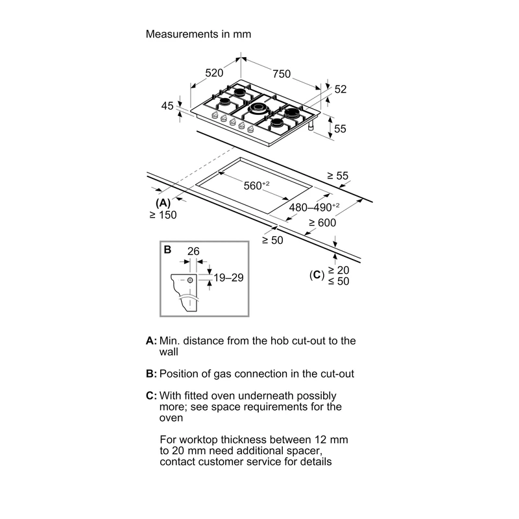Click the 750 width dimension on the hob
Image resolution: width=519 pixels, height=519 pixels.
click(282, 74)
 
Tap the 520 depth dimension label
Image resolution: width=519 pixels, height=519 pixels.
click(214, 73)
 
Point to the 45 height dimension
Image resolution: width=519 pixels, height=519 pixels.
click(167, 106)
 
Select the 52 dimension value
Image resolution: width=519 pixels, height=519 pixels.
click(340, 90)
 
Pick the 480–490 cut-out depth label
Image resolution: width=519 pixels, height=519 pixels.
click(314, 207)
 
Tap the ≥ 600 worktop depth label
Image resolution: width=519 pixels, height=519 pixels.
click(322, 223)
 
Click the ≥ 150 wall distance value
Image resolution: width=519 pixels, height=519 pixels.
click(163, 215)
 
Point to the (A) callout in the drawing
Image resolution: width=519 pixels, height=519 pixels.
click(163, 203)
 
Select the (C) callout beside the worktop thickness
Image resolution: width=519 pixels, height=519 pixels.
click(317, 274)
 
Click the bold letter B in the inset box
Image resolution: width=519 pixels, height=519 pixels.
click(167, 250)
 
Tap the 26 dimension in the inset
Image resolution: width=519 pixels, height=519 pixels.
click(193, 251)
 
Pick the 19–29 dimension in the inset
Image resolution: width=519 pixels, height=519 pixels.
click(228, 278)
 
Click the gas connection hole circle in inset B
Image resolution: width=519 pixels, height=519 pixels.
click(190, 280)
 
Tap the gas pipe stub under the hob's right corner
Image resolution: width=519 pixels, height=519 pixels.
click(311, 126)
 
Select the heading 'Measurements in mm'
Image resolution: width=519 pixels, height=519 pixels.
click(199, 34)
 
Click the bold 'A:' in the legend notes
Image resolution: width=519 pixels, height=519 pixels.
click(151, 341)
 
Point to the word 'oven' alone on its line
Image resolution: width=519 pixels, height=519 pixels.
click(171, 418)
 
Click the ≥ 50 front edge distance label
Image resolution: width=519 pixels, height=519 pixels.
click(272, 240)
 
